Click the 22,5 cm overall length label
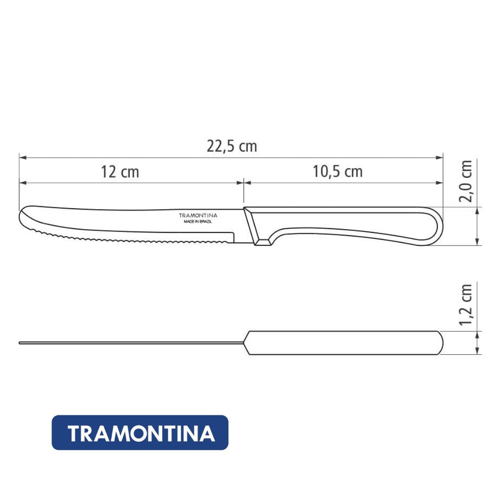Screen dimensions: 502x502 pos(232,146)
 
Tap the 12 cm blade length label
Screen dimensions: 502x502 pos(120,172)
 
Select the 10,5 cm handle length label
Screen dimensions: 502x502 pos(337,171)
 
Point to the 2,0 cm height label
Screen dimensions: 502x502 pos(466,181)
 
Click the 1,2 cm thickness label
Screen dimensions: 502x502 pos(466,304)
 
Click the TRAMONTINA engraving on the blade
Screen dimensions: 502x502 pos(198,216)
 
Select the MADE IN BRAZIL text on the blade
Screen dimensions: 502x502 pos(198,222)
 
